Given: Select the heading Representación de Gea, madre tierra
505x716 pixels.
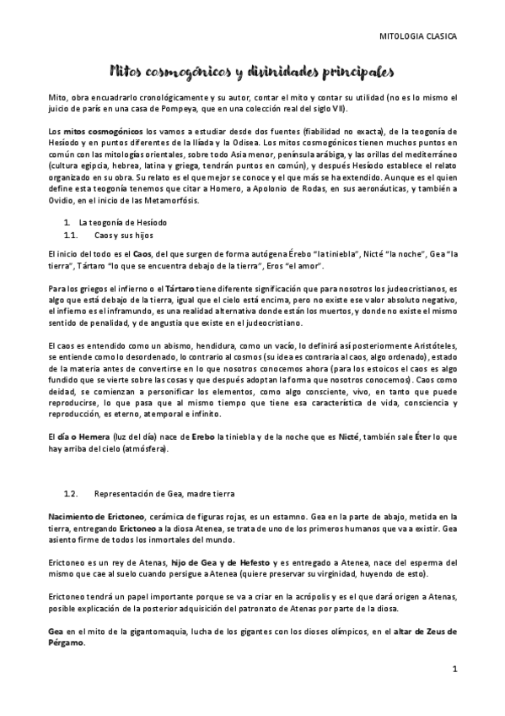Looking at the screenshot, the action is click(x=163, y=492).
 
